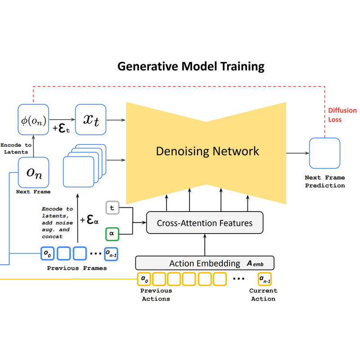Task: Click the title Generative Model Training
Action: (191, 67)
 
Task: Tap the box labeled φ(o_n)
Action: (33, 120)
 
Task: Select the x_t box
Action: (91, 120)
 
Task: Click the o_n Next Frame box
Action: (33, 172)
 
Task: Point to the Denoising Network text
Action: (207, 151)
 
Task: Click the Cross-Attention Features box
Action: (205, 223)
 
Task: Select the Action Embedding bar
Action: (205, 263)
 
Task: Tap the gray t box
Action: (112, 208)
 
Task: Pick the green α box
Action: (112, 234)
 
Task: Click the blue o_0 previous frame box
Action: (47, 253)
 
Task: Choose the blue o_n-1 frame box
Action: (111, 254)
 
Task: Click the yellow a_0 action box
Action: (144, 279)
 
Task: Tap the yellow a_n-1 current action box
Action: (265, 279)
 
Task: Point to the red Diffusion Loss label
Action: (342, 115)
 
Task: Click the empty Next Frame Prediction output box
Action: (324, 153)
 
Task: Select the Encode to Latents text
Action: (16, 148)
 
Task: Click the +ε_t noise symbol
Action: (61, 128)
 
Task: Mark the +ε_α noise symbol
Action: (89, 220)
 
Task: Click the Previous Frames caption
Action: (77, 268)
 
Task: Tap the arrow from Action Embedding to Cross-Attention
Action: (205, 245)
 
